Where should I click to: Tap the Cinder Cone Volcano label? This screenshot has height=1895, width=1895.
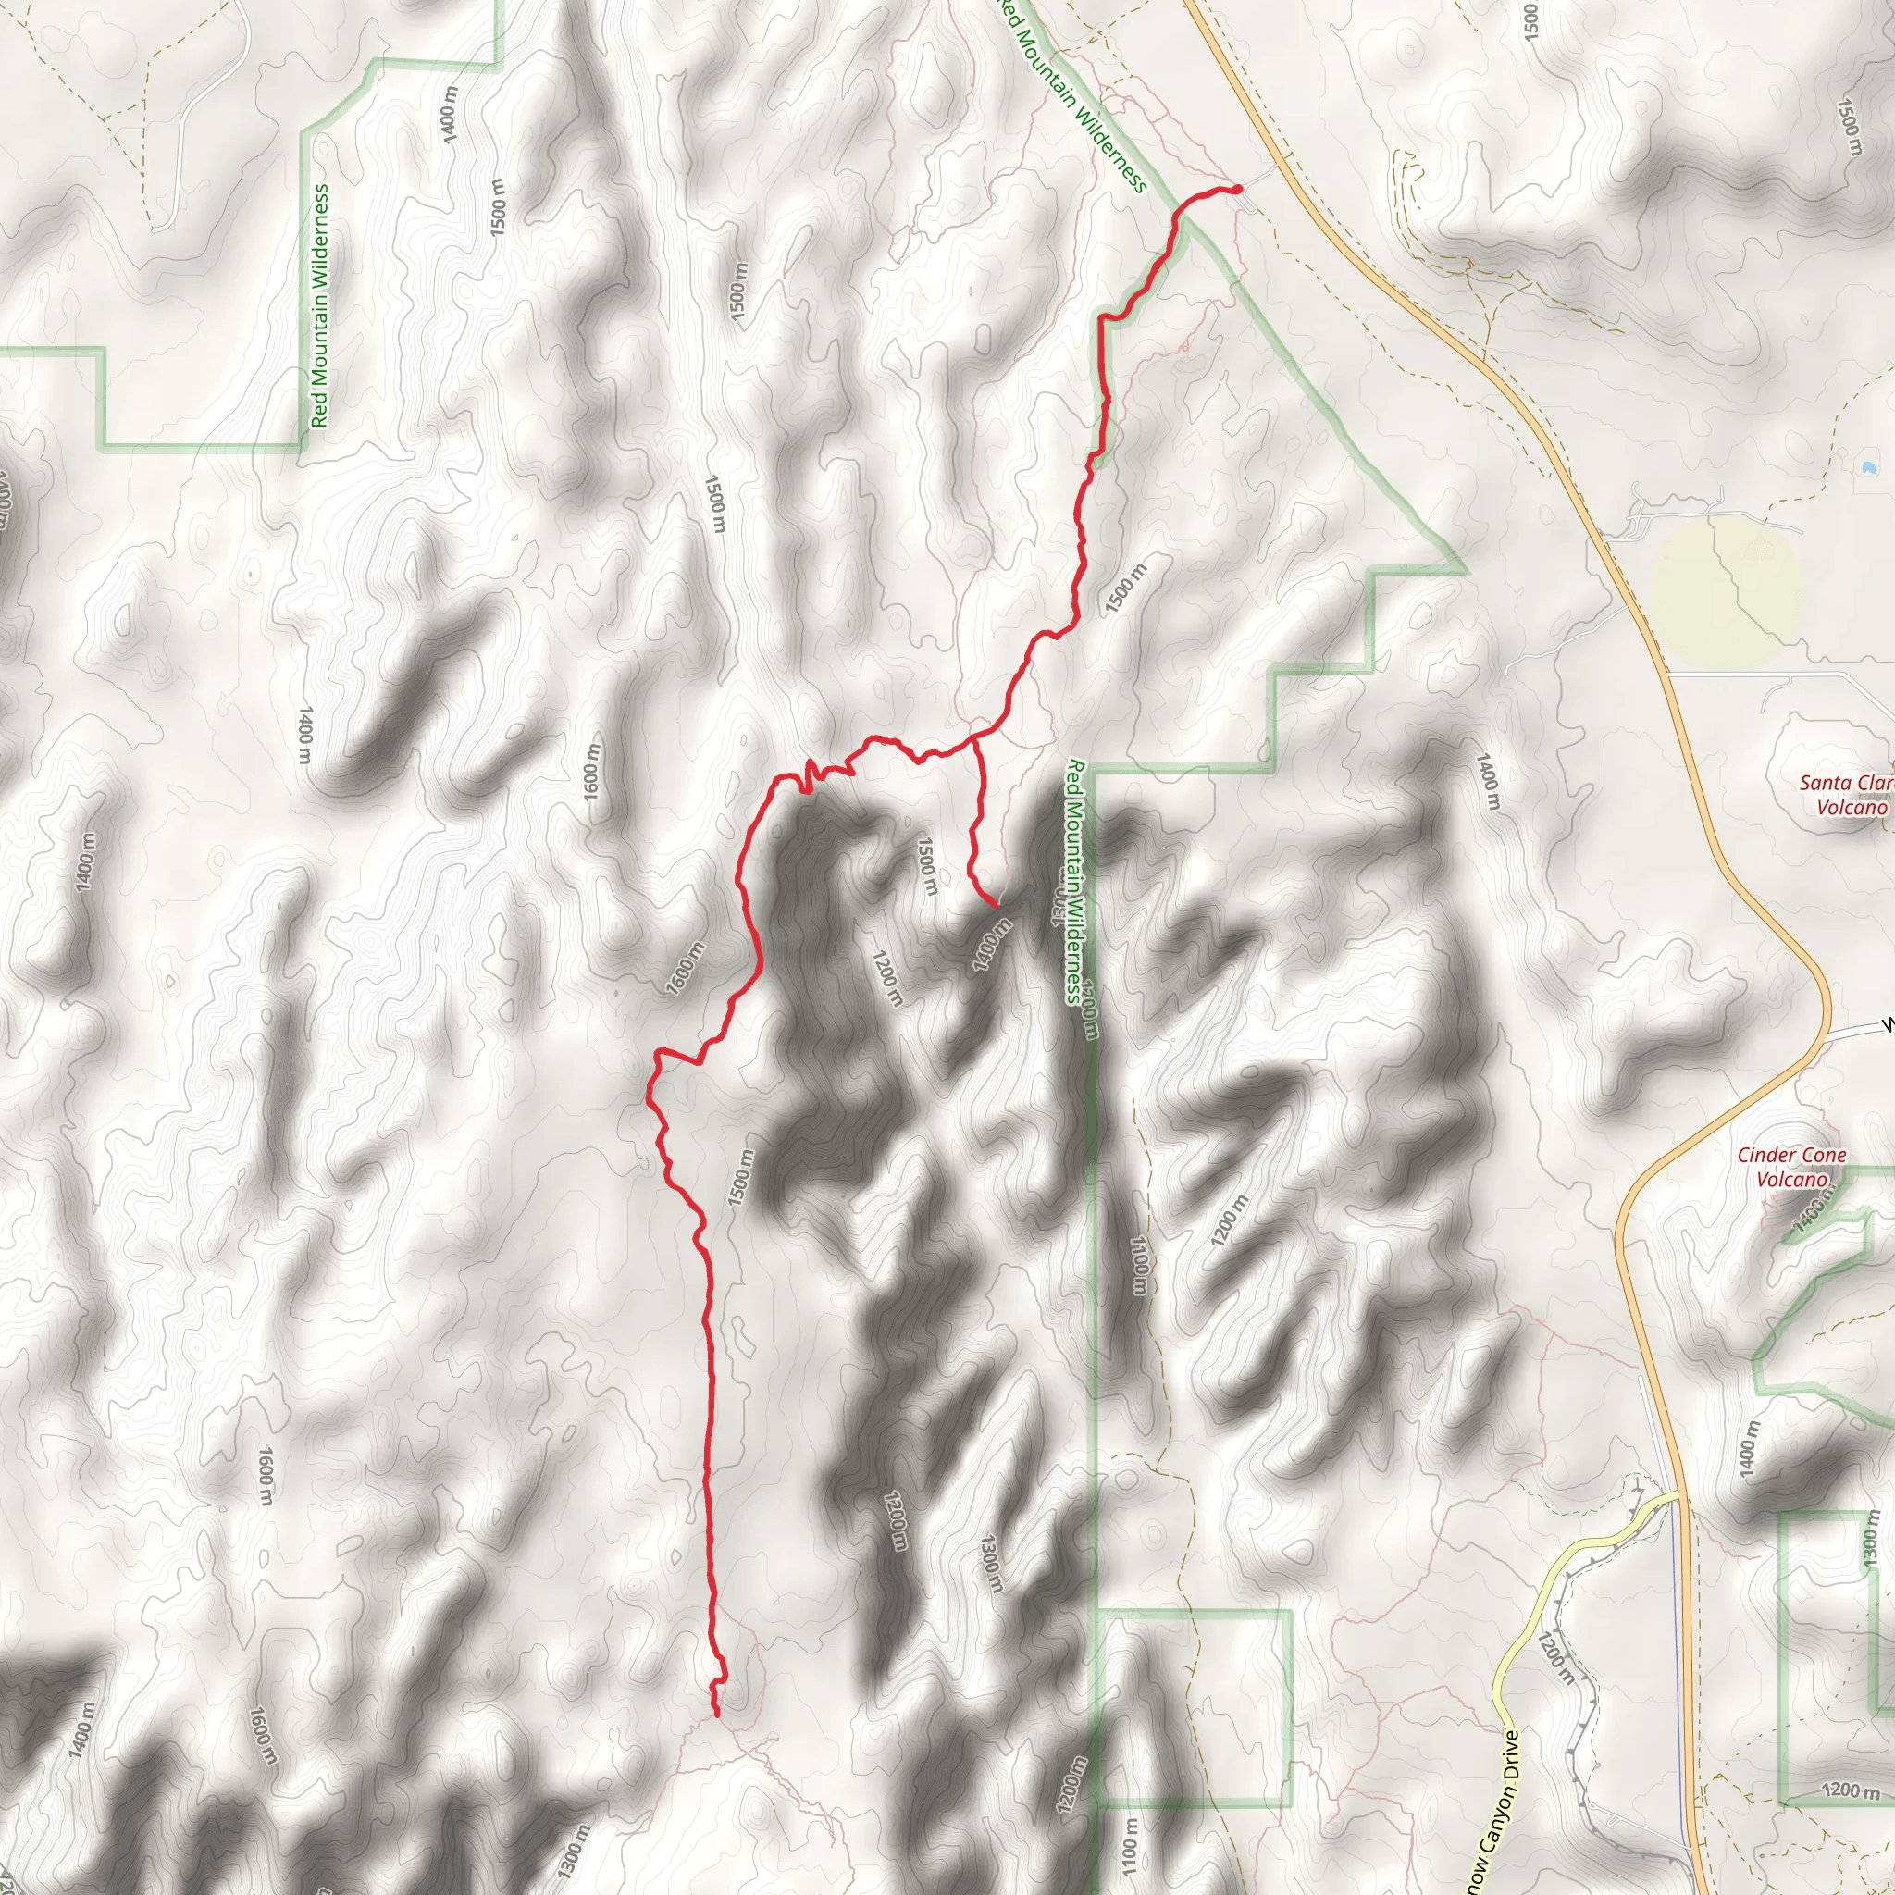[1792, 1167]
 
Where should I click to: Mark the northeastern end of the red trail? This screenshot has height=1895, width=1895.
[1239, 189]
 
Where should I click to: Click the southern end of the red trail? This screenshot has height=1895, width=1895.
[717, 1715]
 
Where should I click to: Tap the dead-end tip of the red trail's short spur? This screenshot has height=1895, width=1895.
[996, 904]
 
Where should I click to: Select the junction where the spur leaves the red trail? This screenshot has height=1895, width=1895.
[975, 739]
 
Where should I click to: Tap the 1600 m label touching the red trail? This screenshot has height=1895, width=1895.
[686, 968]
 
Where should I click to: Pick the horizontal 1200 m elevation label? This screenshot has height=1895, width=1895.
[1850, 1791]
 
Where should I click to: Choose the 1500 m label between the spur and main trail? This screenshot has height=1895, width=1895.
[927, 864]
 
